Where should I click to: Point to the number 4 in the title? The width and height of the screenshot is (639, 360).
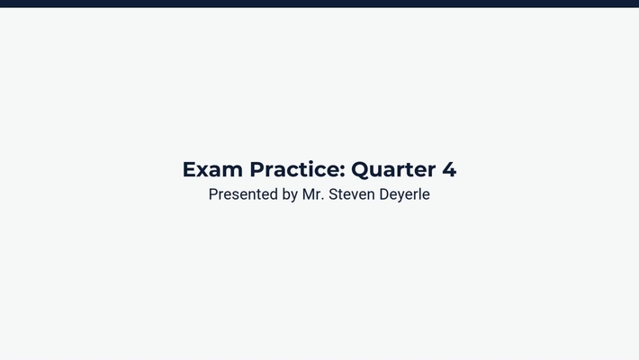tap(449, 169)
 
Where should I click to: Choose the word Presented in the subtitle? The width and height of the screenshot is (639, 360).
tap(242, 194)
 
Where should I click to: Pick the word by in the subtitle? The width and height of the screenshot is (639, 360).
tap(289, 194)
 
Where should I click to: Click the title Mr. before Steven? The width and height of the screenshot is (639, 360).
tap(314, 194)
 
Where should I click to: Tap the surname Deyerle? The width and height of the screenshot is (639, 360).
tap(406, 194)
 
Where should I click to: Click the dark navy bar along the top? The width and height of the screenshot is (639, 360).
tap(319, 4)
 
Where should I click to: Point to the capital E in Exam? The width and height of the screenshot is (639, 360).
tap(189, 169)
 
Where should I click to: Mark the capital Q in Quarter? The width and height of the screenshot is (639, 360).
tap(360, 169)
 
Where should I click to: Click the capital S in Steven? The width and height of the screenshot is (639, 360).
tap(335, 194)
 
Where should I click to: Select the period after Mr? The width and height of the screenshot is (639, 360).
tap(325, 199)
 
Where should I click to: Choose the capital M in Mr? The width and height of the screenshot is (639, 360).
tap(309, 194)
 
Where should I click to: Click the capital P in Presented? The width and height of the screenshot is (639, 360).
tap(213, 194)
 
